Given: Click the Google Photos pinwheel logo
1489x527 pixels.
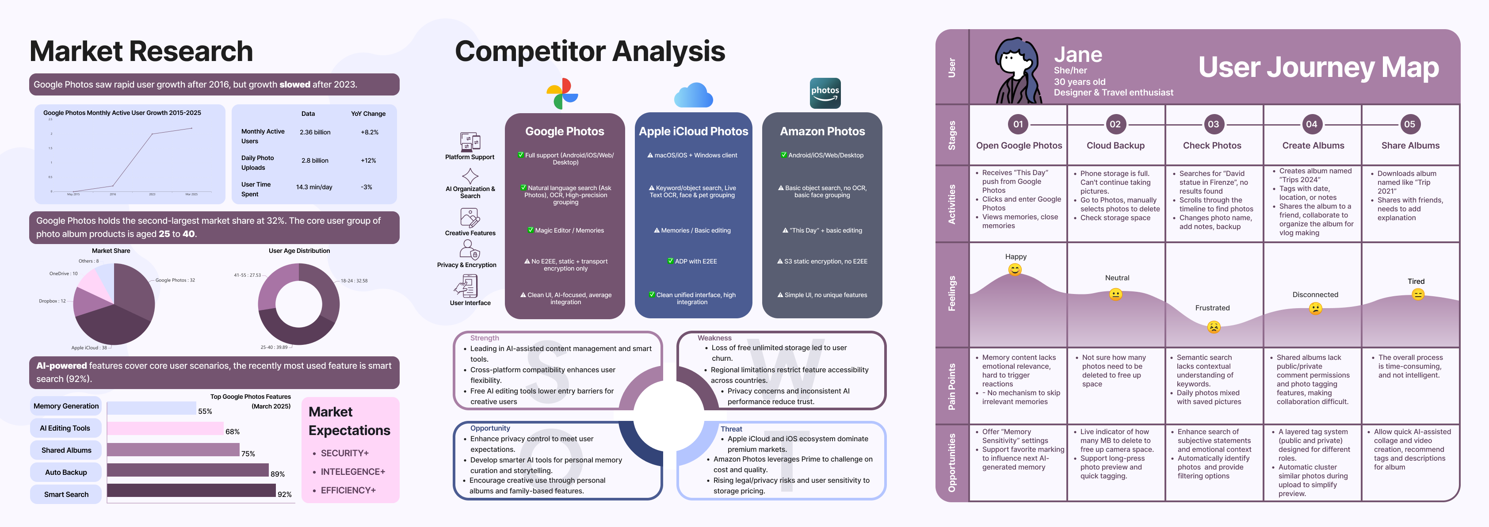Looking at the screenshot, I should click(x=562, y=94).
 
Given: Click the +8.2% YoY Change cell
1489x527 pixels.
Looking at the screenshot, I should click(x=369, y=132).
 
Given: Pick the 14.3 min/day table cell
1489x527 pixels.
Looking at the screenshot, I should click(x=314, y=187).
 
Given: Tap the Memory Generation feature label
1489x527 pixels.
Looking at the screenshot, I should click(x=66, y=406).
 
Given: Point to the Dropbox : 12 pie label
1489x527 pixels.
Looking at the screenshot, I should click(x=52, y=301).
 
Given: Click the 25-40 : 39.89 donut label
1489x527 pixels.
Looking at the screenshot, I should click(x=273, y=348).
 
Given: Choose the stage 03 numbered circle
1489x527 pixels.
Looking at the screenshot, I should click(x=1213, y=124).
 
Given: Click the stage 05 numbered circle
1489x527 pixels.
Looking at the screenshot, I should click(x=1409, y=124).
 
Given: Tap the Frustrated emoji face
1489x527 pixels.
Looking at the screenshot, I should click(x=1213, y=327).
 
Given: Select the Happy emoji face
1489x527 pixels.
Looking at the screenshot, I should click(x=1015, y=269).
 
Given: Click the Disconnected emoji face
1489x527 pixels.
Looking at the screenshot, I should click(x=1316, y=309).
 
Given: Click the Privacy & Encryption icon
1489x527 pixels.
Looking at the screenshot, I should click(x=469, y=250).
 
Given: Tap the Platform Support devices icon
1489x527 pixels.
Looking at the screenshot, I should click(x=470, y=141).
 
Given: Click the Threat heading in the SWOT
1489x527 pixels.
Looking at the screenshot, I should click(x=731, y=429).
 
